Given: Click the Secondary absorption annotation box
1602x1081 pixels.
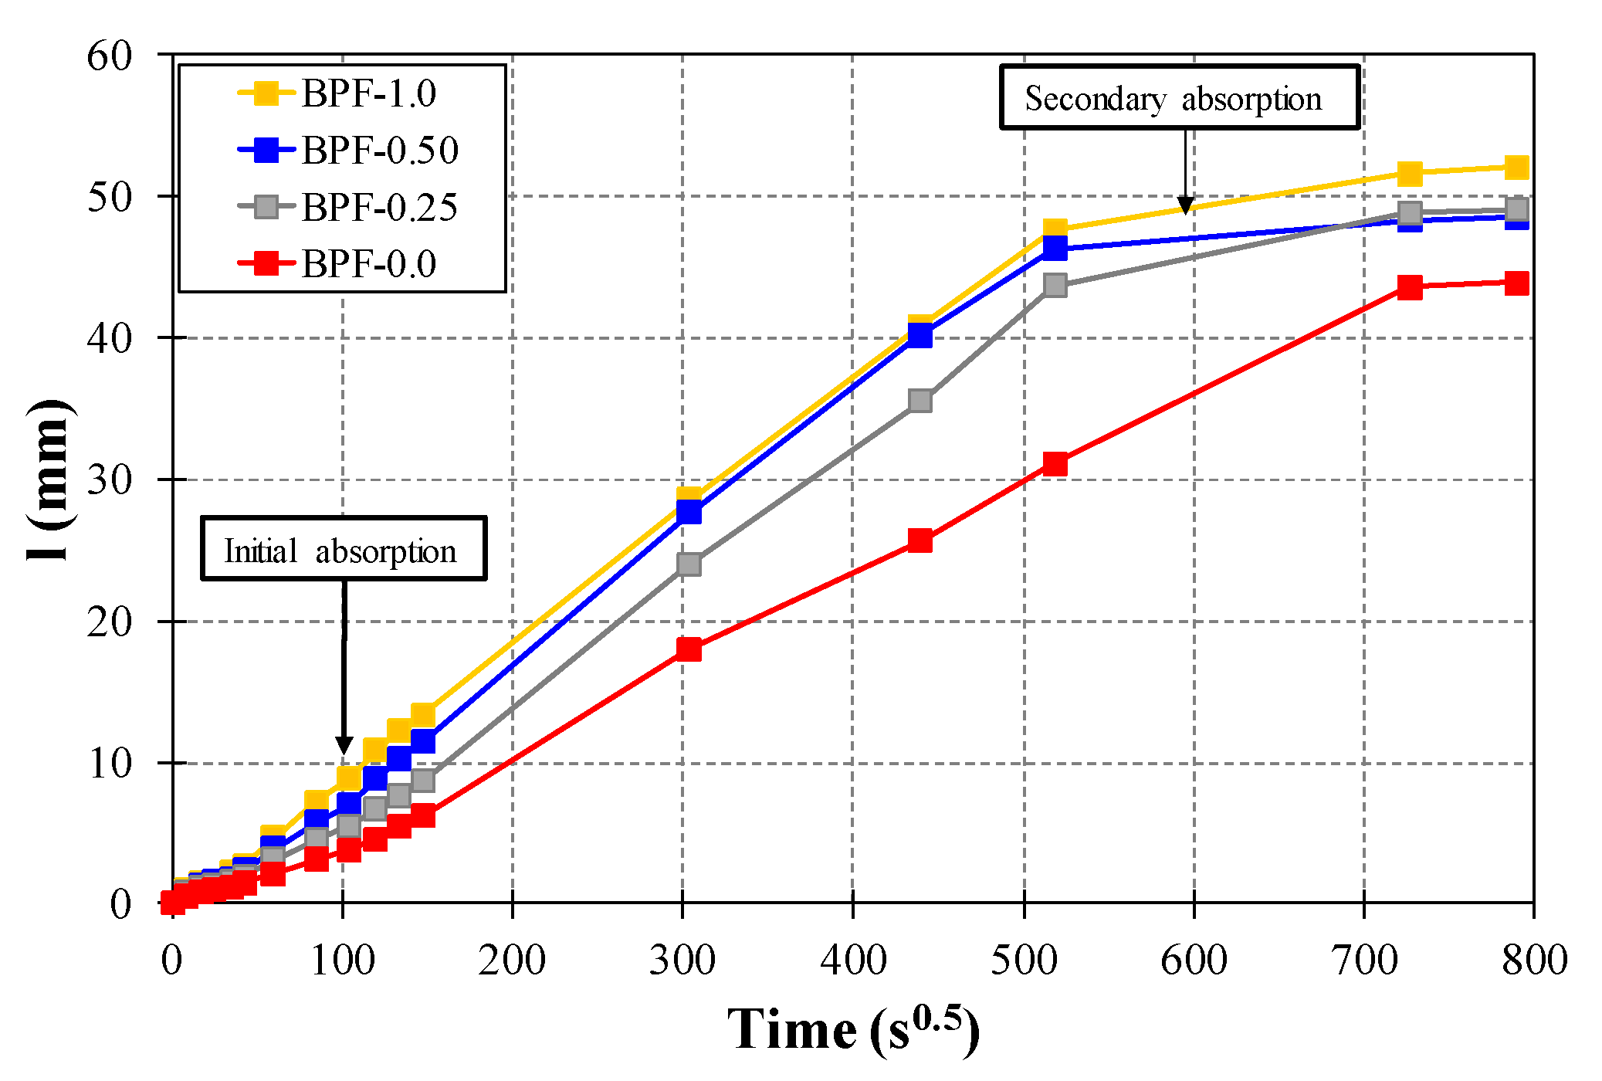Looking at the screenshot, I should point(1179,97).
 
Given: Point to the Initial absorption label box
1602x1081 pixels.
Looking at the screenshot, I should point(344,549).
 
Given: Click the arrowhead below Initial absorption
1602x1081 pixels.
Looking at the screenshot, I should point(344,744).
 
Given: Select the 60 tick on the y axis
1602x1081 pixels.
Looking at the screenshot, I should point(109,56).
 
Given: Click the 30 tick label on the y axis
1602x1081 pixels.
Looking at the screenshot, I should point(109,480).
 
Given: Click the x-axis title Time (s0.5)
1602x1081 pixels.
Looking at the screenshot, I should point(853,1029).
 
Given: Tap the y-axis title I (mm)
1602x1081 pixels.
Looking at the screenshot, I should point(49,480).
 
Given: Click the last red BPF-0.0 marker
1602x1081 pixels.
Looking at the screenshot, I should point(1517,283).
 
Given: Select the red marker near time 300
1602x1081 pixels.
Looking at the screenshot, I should point(689,649).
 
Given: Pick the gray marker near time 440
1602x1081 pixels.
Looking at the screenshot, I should point(920,402).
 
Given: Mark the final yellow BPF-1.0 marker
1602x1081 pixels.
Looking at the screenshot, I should point(1517,168).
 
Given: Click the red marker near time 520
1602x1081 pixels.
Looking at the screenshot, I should point(1055,464).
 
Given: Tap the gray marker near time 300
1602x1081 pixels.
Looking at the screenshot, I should point(689,564).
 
